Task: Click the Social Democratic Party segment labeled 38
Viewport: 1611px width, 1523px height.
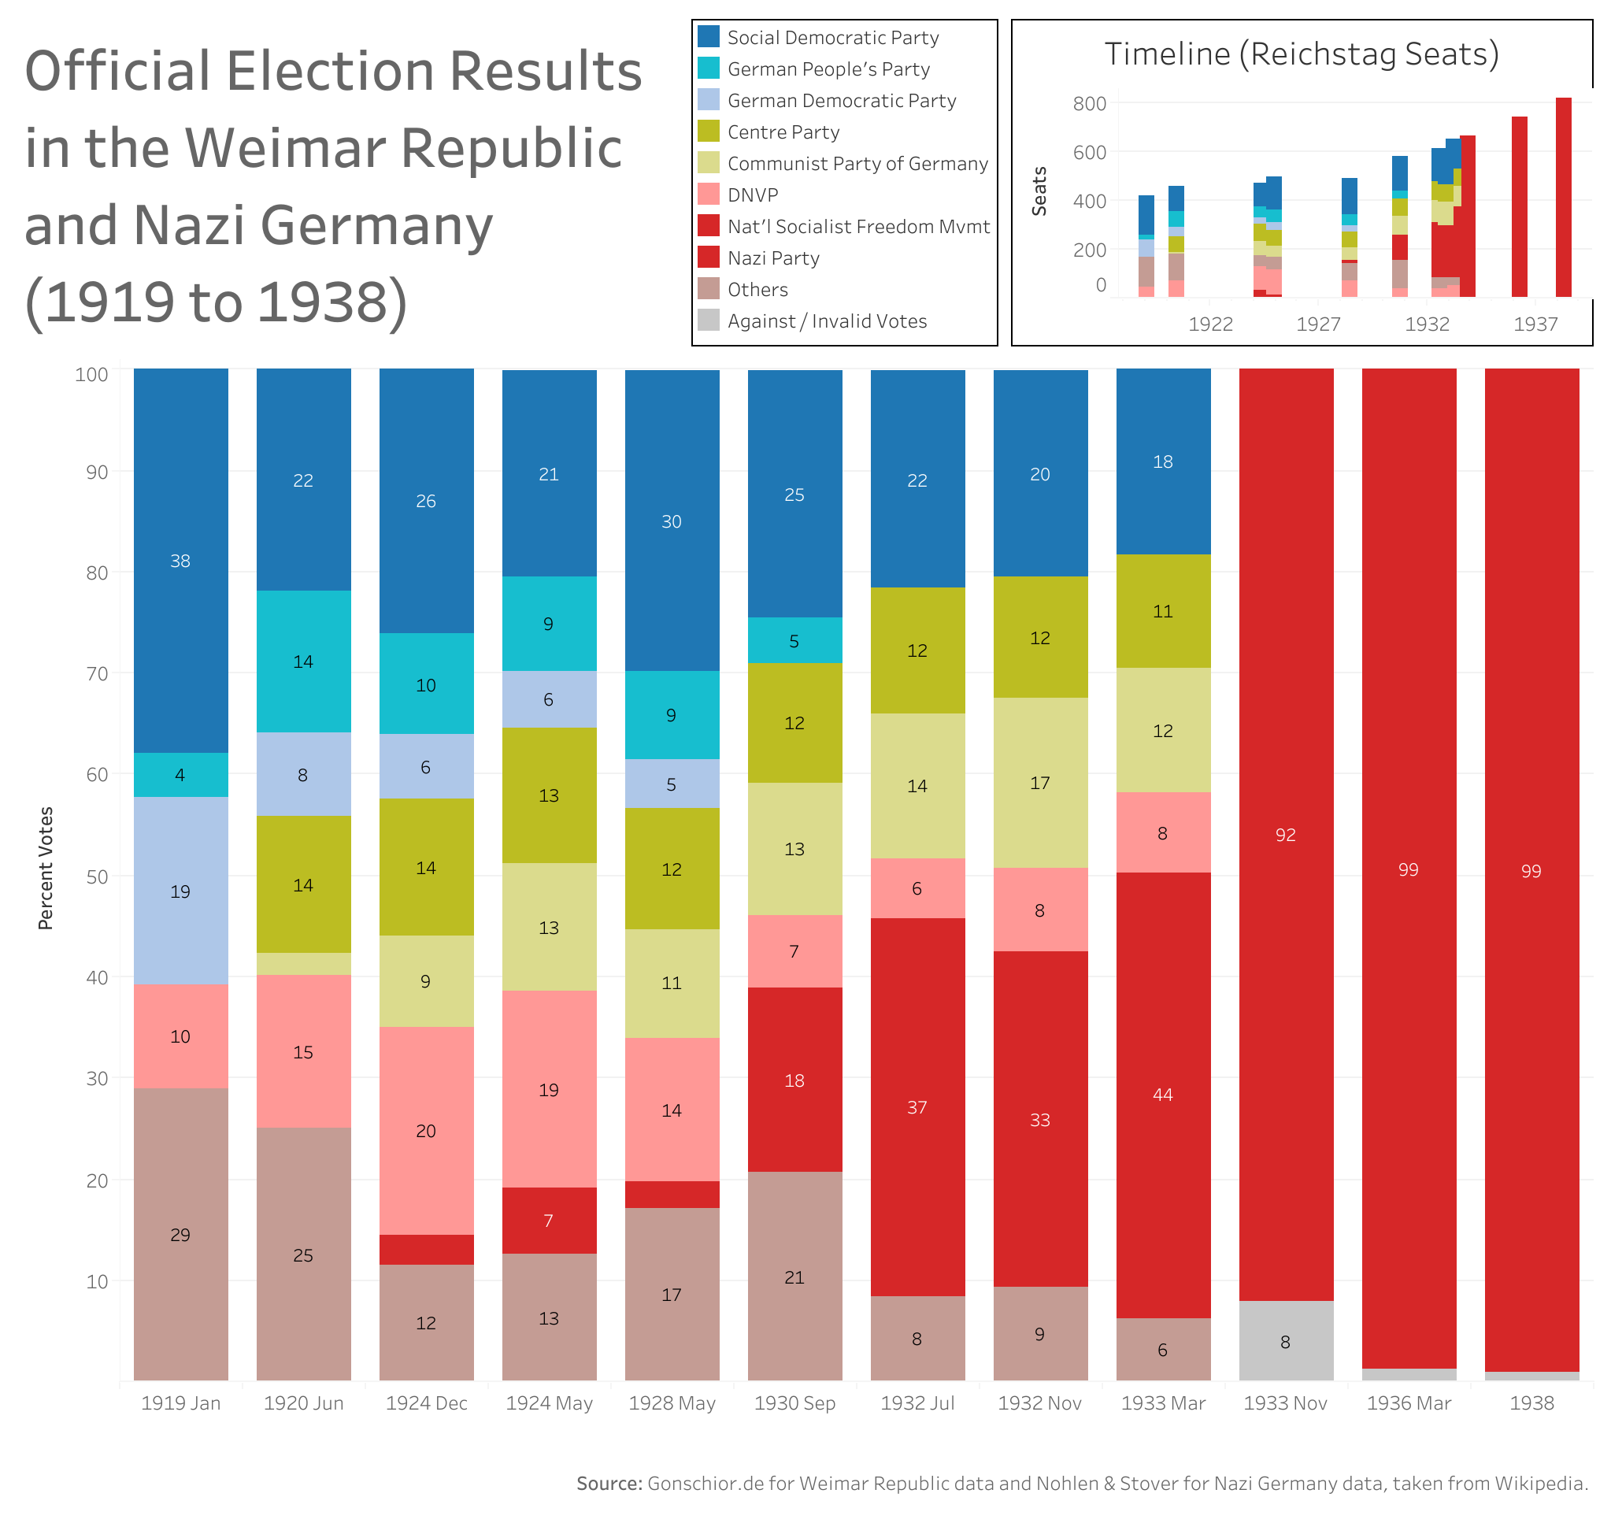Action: coord(180,560)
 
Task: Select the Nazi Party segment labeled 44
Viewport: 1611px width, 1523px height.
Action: coord(1162,1094)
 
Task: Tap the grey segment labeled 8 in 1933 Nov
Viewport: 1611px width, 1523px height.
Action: coord(1285,1342)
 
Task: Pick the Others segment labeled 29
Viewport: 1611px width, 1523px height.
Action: coord(180,1234)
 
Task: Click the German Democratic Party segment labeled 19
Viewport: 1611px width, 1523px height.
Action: coord(180,891)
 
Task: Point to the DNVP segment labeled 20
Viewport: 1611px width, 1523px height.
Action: coord(425,1130)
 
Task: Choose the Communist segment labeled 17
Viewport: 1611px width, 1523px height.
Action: coord(1039,783)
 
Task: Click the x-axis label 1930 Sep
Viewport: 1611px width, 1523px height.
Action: coord(794,1403)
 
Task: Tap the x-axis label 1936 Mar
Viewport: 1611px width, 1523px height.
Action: coord(1408,1403)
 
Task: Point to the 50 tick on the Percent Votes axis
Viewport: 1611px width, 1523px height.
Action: coord(97,876)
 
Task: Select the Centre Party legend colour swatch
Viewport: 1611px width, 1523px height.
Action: coord(709,132)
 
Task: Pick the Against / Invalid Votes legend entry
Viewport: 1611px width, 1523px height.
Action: coord(826,321)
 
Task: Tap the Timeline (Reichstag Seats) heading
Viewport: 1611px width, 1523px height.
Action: coord(1301,54)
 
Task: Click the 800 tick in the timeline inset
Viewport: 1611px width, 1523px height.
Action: coord(1089,103)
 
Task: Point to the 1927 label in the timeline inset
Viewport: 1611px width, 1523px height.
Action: coord(1318,324)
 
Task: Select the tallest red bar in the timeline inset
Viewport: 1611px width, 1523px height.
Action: coord(1562,198)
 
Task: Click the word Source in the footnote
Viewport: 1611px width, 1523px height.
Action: coord(609,1483)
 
